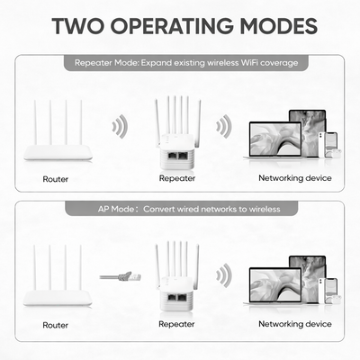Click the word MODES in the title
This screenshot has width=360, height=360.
(278, 26)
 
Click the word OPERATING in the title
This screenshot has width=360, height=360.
(172, 26)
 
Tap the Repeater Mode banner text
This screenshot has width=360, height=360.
(186, 63)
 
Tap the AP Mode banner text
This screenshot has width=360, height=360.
(189, 209)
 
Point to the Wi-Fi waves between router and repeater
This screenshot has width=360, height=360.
(120, 126)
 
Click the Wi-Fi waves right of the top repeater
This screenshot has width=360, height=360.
(224, 126)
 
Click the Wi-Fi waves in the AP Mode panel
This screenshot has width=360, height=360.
(224, 275)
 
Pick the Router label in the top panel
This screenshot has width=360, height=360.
(56, 179)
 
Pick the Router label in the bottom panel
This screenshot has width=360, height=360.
(56, 325)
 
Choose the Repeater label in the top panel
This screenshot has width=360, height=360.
(177, 178)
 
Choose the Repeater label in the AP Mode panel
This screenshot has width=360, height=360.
(176, 324)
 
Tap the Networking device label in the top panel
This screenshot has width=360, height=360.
(295, 178)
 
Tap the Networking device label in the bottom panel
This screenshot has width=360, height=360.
(295, 324)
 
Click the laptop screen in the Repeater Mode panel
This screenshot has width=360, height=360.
(275, 139)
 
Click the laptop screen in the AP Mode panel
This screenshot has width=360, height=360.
(275, 285)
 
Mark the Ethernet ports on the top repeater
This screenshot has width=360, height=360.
(178, 155)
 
